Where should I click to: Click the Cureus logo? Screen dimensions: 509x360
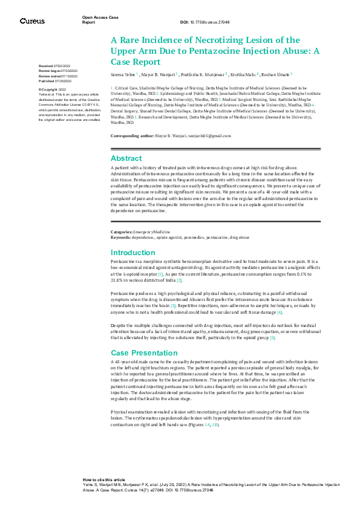click(x=32, y=21)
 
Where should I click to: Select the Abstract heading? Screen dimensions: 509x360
click(x=126, y=158)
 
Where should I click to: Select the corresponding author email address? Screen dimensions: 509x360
click(x=209, y=137)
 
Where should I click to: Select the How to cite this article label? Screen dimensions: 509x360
click(x=104, y=479)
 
